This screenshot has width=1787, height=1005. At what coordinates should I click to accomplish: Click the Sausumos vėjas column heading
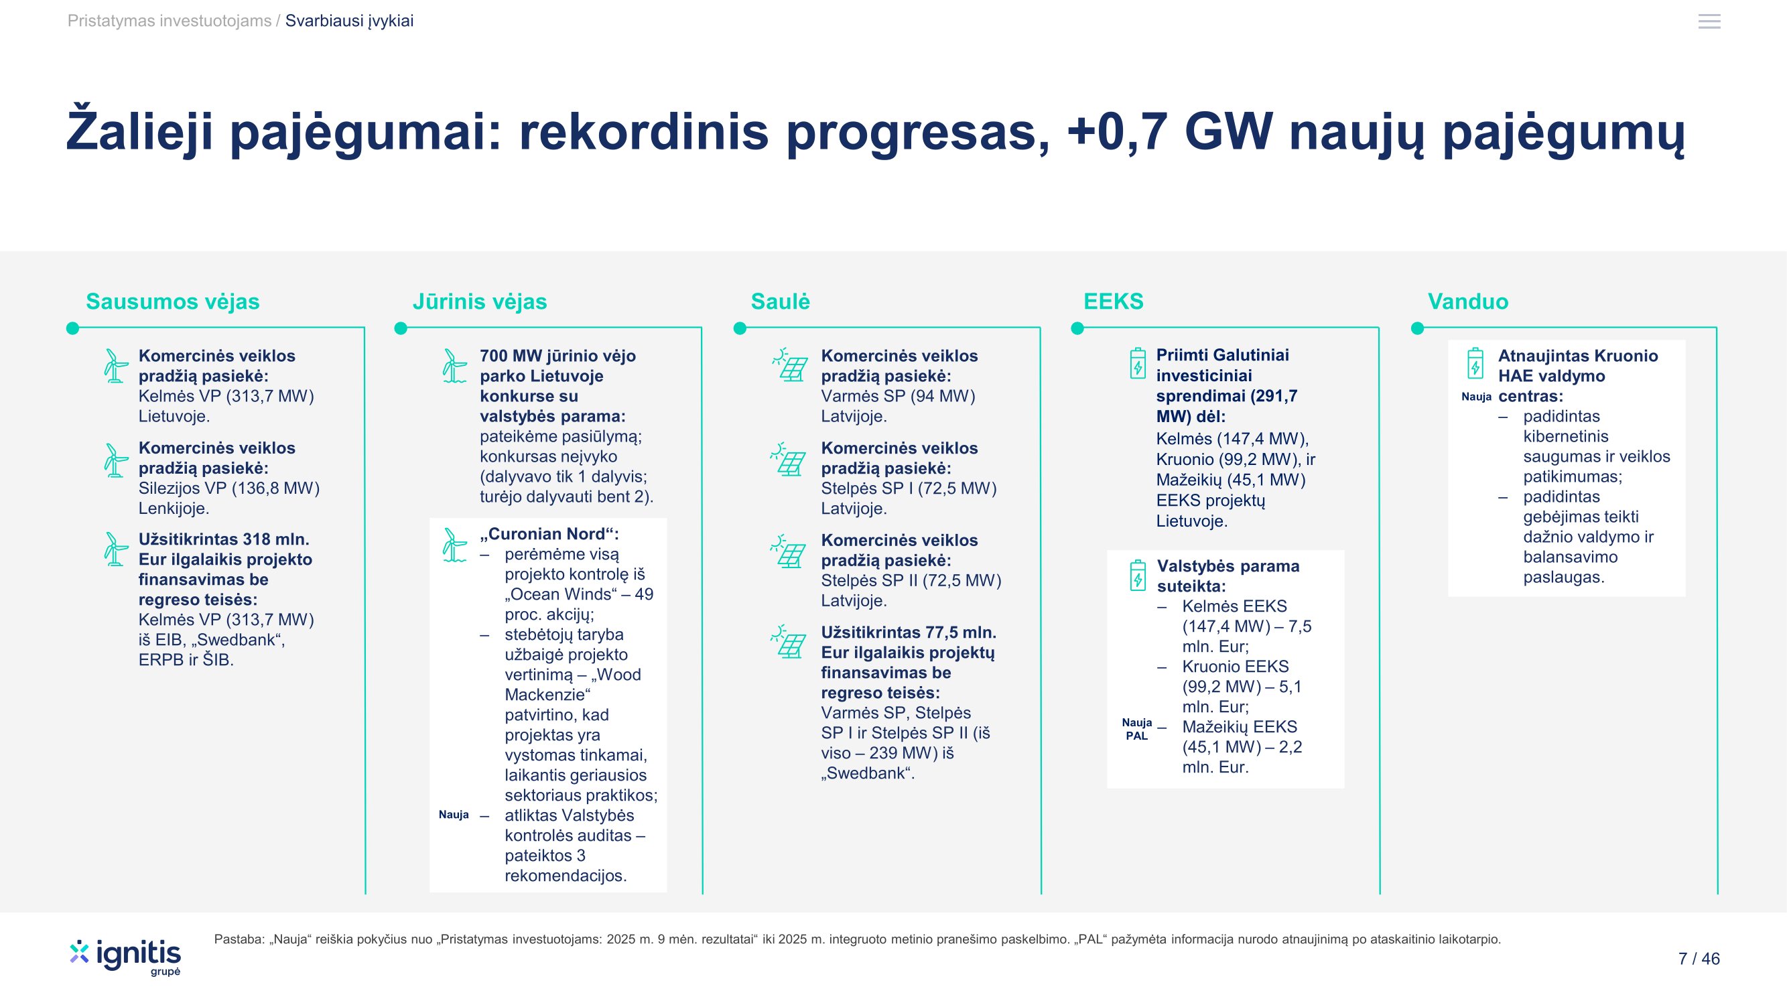point(173,301)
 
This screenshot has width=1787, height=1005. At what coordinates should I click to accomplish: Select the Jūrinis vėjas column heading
point(479,301)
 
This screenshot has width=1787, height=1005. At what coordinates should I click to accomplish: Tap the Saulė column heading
point(781,301)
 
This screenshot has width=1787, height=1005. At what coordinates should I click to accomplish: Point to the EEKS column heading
point(1114,301)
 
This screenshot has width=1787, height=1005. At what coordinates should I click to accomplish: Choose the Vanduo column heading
point(1468,301)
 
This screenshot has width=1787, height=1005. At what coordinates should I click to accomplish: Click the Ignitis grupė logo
point(125,957)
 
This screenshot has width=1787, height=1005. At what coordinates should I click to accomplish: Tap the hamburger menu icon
point(1709,21)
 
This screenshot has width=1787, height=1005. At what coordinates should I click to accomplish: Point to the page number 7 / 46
point(1699,959)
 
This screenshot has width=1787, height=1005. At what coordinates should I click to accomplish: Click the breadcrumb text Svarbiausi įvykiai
point(349,21)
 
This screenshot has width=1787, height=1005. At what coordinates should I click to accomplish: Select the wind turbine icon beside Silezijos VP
point(115,460)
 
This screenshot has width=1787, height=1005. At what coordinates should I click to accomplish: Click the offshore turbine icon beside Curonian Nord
point(454,545)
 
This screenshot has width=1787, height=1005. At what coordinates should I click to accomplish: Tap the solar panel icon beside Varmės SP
point(789,365)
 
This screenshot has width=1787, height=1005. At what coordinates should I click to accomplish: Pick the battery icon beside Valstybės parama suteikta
point(1138,575)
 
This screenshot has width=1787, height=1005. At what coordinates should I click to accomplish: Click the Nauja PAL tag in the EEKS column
point(1137,729)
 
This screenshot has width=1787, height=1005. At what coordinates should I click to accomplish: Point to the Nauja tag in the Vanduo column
point(1476,397)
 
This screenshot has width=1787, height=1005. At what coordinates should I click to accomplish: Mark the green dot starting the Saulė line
point(740,328)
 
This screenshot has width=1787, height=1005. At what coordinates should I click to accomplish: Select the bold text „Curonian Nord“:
point(549,534)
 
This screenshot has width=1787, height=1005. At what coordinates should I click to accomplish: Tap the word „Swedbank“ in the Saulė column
point(868,773)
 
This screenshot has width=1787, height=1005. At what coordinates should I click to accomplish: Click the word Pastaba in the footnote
point(239,939)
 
